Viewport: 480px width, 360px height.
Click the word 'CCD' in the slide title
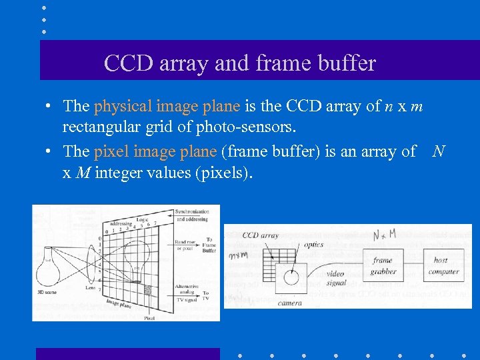click(127, 63)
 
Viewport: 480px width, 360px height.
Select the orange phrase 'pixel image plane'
click(155, 152)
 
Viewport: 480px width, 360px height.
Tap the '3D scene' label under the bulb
click(45, 291)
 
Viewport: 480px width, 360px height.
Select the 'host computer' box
click(443, 265)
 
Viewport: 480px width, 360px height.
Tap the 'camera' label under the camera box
click(290, 303)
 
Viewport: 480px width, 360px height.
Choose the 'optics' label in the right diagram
click(313, 245)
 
